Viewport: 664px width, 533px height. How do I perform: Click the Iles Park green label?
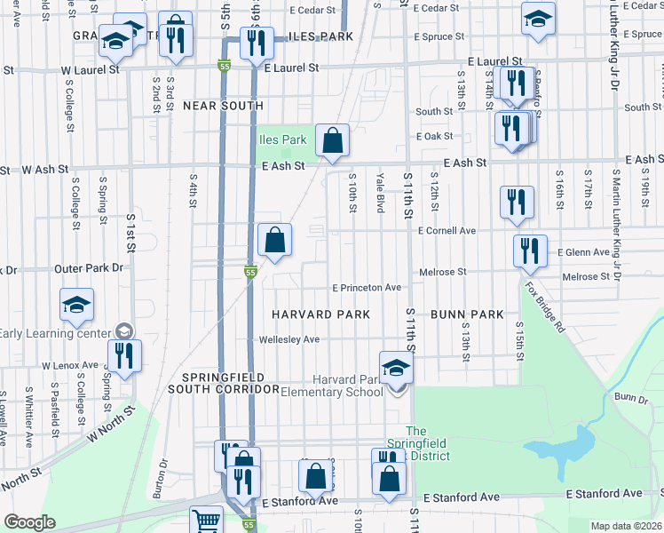click(x=282, y=139)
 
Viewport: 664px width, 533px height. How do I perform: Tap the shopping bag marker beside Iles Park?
click(x=332, y=141)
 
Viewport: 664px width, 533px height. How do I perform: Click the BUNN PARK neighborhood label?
click(x=467, y=314)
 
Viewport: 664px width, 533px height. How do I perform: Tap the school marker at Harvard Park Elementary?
click(x=397, y=368)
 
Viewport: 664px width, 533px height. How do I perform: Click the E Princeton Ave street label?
click(x=367, y=288)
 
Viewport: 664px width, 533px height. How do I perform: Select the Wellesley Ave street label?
click(x=289, y=339)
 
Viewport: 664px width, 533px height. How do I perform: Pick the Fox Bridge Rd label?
click(x=544, y=306)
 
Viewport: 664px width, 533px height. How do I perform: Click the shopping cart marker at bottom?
click(x=206, y=521)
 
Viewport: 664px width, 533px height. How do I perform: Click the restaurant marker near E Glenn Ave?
click(x=530, y=251)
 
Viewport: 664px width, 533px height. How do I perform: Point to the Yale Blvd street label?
click(x=380, y=193)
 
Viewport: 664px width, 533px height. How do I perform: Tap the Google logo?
click(x=29, y=522)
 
